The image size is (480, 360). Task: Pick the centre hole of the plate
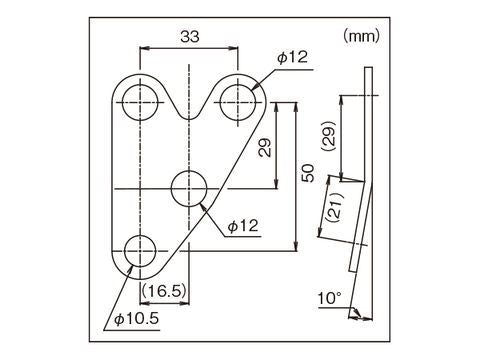pos(190,187)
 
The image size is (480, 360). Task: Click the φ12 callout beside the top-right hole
pos(293,58)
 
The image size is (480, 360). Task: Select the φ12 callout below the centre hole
pos(243,227)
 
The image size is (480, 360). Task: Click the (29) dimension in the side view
pos(329,135)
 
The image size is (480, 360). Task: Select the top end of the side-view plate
pos(368,68)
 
